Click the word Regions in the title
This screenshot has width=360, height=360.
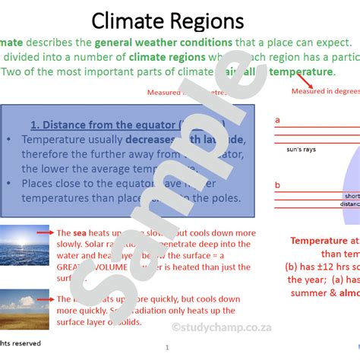(x=208, y=21)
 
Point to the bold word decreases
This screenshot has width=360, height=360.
(x=158, y=140)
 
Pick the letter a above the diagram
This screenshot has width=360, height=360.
(x=278, y=120)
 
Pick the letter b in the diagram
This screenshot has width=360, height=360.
(x=278, y=185)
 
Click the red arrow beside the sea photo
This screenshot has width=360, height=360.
(x=46, y=232)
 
